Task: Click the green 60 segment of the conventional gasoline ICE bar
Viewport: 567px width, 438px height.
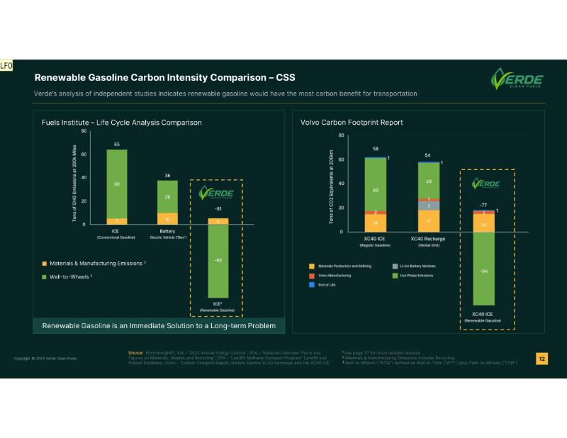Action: [x=117, y=184]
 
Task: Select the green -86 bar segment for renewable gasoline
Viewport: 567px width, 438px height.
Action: [x=218, y=259]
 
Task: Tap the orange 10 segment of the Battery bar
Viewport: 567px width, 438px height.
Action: [x=168, y=218]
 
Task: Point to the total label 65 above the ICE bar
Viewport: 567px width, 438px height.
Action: [x=117, y=144]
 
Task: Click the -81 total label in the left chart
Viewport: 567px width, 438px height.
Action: [x=218, y=209]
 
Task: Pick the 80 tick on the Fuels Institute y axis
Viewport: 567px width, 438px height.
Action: [x=84, y=131]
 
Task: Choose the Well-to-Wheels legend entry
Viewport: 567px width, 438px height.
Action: [x=66, y=276]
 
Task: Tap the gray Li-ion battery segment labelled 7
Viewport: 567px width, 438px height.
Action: [x=429, y=206]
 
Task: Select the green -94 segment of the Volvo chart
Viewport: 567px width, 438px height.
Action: [x=484, y=271]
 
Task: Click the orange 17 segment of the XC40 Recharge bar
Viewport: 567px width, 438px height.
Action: [x=429, y=220]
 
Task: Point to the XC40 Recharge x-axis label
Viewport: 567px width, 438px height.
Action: [x=429, y=239]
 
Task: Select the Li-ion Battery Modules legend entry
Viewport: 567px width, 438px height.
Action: [x=418, y=265]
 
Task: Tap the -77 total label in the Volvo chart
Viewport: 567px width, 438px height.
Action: [x=484, y=204]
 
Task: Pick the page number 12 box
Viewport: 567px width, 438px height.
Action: [x=542, y=359]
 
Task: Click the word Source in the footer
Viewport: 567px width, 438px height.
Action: [x=136, y=352]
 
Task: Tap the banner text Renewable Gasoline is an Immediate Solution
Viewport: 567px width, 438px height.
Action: [x=159, y=325]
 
